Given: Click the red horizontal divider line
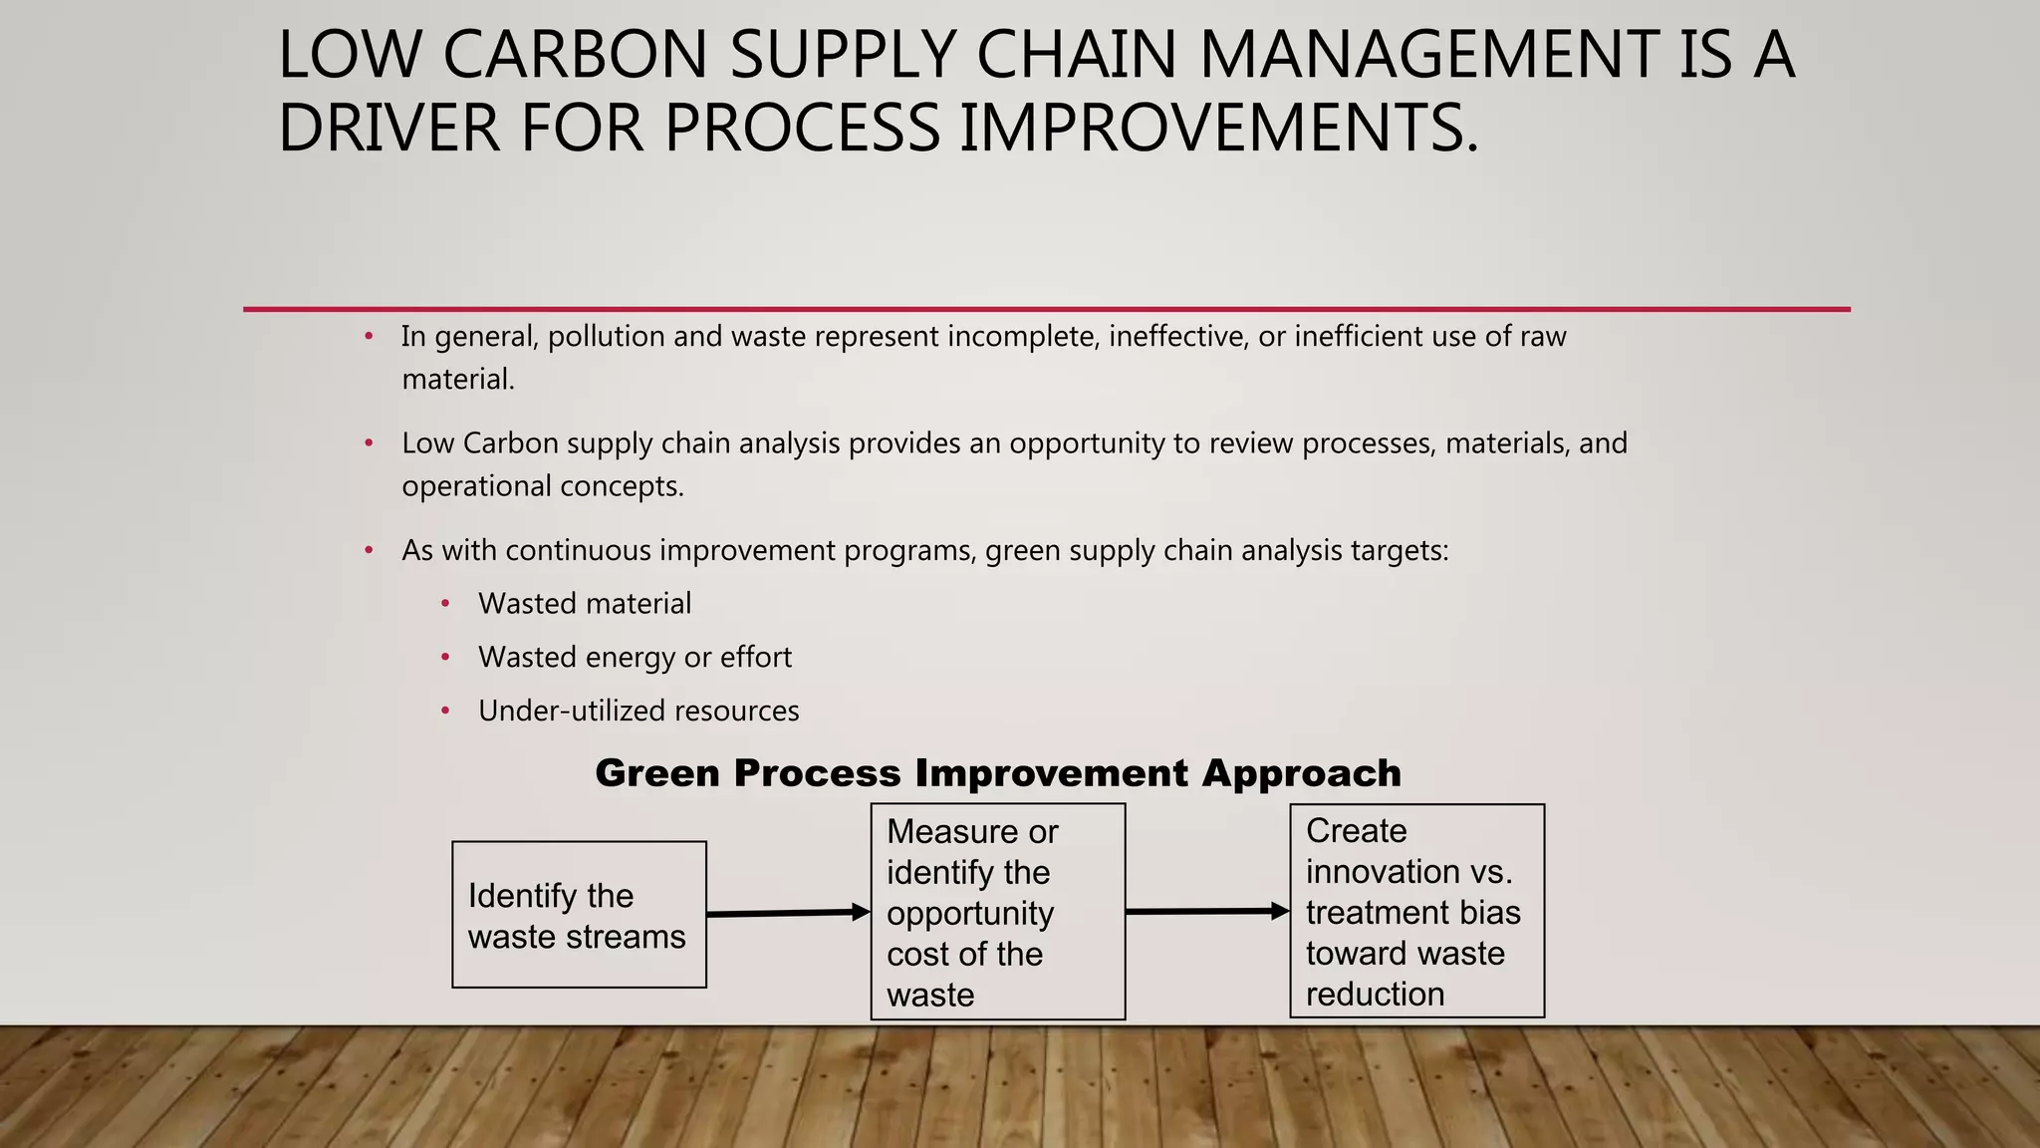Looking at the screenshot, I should coord(1046,309).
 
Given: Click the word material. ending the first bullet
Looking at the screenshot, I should coord(458,380).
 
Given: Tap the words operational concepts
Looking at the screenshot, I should coord(543,486).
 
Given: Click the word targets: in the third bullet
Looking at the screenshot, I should coord(1400,550).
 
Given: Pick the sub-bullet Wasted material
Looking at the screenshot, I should coord(585,604).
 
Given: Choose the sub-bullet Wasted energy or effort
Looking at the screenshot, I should coord(635,658).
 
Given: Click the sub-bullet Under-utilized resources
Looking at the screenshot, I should coord(638,712).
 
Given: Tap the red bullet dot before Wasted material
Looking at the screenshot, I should coord(445,604).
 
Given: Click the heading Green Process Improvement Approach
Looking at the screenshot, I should coord(997,773).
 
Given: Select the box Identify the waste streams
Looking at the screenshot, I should coord(579,915).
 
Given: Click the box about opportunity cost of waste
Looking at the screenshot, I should coord(997,912).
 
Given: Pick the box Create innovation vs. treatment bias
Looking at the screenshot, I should coord(1416,911).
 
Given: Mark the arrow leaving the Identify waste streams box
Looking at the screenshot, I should coord(787,913).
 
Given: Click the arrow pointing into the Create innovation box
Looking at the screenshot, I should coord(1206,911).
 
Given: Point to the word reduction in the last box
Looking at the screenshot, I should coord(1375,995).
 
